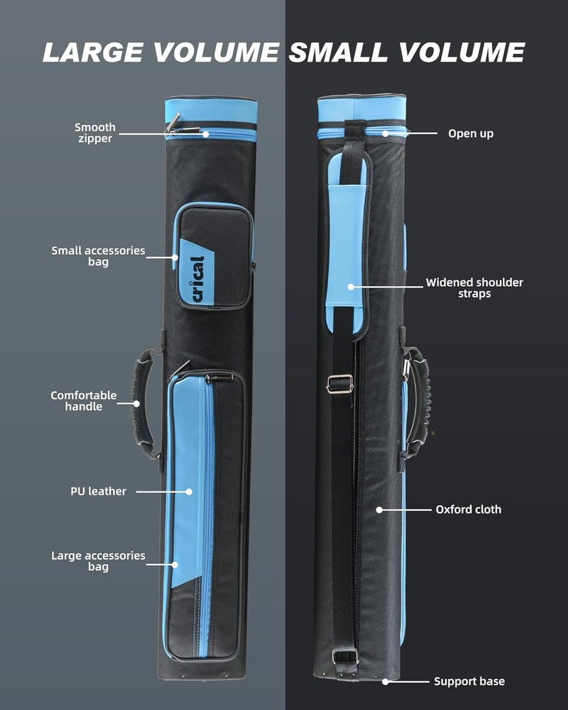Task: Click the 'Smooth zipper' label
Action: point(94,133)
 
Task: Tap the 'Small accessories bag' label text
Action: point(98,256)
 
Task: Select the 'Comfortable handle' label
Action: point(83,400)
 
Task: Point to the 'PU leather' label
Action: point(98,491)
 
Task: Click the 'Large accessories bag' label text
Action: point(98,561)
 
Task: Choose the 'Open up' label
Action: point(471,133)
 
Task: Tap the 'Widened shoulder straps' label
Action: point(474,288)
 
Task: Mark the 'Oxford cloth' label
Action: point(469,509)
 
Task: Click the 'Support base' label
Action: point(469,682)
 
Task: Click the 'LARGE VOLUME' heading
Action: point(160,52)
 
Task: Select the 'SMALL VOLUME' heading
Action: point(407,52)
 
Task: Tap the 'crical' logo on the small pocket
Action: point(198,279)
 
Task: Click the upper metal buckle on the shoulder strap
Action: point(339,384)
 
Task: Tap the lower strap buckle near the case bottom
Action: point(345,657)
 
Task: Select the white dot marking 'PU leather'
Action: point(189,492)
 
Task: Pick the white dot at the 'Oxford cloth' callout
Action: point(379,510)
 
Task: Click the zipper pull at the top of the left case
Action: point(173,124)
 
